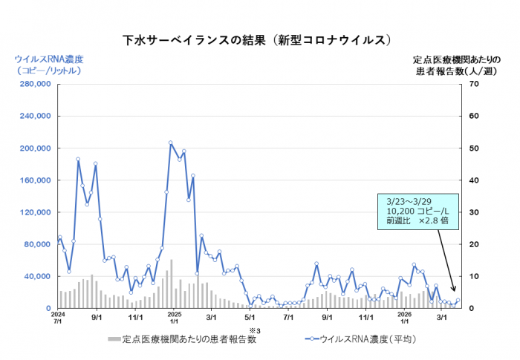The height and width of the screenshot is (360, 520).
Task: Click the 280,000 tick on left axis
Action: point(30,85)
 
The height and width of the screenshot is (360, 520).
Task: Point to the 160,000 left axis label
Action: point(30,180)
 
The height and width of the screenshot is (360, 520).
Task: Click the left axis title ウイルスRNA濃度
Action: point(48,59)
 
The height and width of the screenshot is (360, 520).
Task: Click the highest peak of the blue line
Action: point(170,143)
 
